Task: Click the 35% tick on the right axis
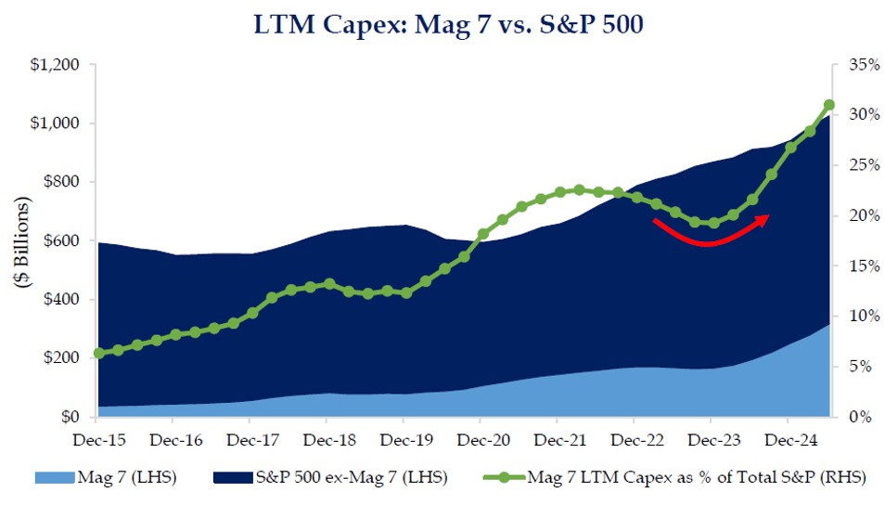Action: pos(858,65)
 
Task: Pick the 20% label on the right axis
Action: pos(858,216)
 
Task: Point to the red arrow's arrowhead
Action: pos(764,218)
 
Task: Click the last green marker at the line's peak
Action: pos(829,105)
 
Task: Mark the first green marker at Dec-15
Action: pos(98,354)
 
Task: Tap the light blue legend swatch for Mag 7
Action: pos(58,478)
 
